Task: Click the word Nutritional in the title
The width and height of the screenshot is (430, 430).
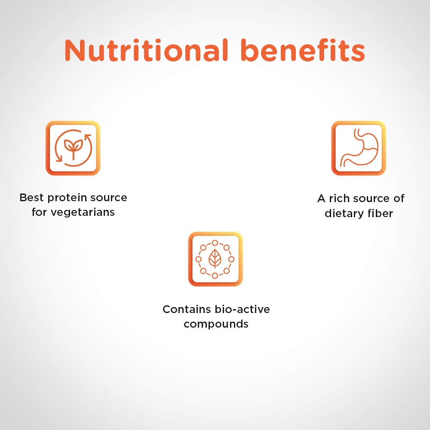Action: (x=146, y=50)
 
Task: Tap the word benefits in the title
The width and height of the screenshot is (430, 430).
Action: (x=303, y=50)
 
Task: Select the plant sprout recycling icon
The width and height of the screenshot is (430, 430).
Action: (x=73, y=148)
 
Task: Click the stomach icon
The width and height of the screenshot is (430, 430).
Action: (x=359, y=148)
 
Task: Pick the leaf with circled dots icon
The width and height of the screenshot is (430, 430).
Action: (x=215, y=259)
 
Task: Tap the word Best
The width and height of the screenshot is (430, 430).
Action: (x=31, y=197)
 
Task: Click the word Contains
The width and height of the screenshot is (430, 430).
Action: (x=187, y=309)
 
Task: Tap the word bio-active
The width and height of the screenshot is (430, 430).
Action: (x=243, y=309)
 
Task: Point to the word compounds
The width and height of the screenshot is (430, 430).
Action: (x=216, y=324)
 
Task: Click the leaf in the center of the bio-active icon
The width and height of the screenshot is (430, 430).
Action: (x=215, y=258)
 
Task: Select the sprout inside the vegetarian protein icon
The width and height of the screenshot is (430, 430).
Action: (x=73, y=148)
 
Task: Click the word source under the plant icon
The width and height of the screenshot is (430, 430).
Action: (x=109, y=198)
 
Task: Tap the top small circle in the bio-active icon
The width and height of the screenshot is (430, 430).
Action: (x=215, y=243)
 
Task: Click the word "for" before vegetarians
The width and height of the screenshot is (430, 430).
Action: (x=39, y=212)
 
